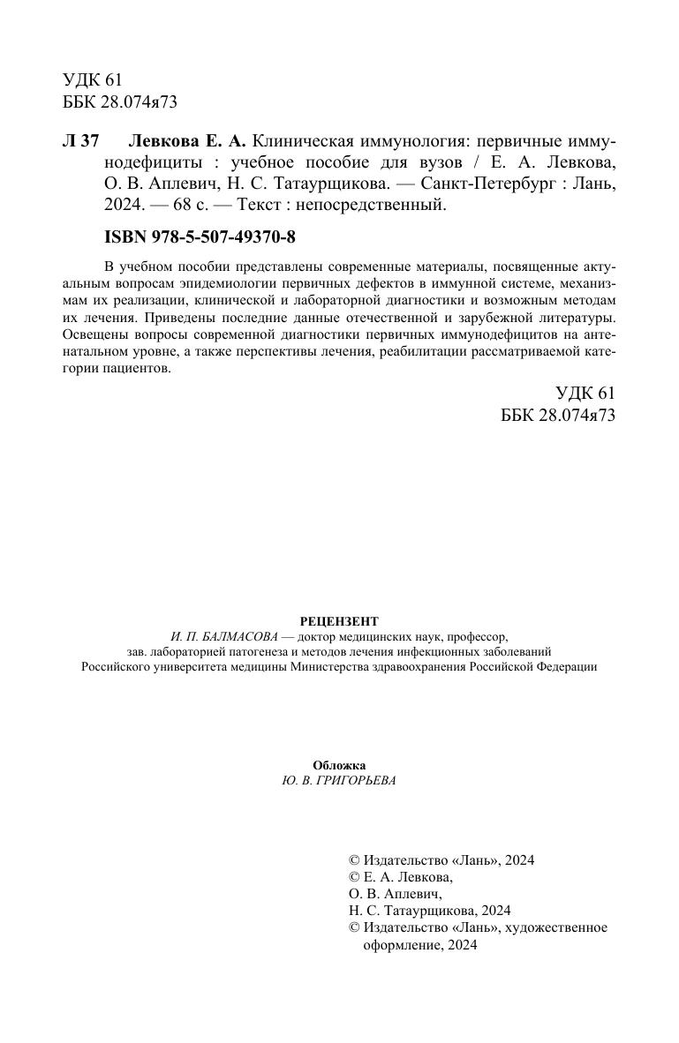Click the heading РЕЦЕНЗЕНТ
[339, 621]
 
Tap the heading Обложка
[339, 765]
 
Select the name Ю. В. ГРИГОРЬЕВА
[339, 780]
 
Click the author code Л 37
[81, 142]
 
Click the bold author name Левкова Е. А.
[188, 142]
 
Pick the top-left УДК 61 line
[93, 80]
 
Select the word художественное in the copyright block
[563, 927]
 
